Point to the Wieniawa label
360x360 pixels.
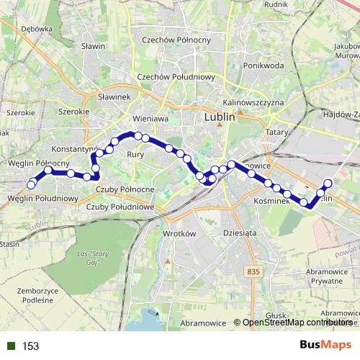point(150,118)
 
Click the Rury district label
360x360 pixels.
point(135,154)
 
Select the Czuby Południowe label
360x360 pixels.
point(120,207)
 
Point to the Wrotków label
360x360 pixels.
point(180,234)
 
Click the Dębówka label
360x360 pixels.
point(37,29)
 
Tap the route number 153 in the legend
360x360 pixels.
point(30,346)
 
